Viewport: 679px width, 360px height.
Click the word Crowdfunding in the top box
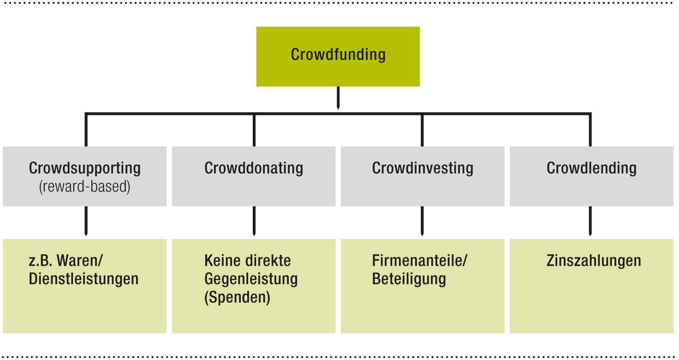tap(338, 54)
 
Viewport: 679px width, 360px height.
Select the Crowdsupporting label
tap(85, 168)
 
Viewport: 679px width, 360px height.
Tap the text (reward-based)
tap(85, 187)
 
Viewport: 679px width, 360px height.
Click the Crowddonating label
tap(254, 168)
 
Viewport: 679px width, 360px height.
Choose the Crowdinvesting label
tap(423, 168)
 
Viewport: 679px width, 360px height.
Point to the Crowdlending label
tap(591, 168)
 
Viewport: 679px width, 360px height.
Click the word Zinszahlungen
tap(594, 261)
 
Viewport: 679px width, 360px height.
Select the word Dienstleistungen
tap(83, 279)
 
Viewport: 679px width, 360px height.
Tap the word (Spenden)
tap(237, 298)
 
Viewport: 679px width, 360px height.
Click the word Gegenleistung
tap(251, 279)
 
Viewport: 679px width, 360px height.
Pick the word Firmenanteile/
tap(420, 261)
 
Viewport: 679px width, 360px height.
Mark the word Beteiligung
tap(409, 279)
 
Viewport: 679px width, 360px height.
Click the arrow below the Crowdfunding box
tap(338, 98)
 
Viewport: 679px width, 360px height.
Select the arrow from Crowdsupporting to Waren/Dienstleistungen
tap(85, 222)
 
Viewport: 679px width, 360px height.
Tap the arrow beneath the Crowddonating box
tap(254, 222)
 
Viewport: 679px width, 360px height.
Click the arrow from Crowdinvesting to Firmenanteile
tap(423, 222)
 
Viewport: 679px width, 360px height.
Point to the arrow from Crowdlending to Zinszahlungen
tap(590, 222)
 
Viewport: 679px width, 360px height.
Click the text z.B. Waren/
tap(66, 261)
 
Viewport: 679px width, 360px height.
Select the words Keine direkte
tap(248, 261)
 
